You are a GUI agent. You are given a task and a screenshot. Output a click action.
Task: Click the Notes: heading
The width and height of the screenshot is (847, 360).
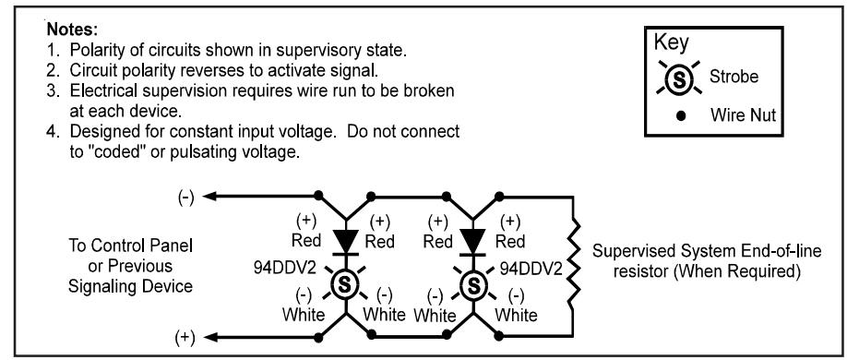[72, 29]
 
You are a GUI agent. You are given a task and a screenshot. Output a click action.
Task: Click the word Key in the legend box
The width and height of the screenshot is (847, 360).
[672, 43]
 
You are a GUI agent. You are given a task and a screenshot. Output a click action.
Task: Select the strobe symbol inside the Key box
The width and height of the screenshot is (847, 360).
[680, 78]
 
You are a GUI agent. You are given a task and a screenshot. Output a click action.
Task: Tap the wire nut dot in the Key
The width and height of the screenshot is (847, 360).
[681, 114]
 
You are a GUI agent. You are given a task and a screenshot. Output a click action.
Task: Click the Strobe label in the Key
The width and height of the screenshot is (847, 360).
[734, 77]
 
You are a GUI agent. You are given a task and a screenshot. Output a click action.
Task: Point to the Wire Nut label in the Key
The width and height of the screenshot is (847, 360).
[743, 114]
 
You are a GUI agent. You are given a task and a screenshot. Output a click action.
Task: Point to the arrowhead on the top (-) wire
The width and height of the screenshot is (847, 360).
[210, 197]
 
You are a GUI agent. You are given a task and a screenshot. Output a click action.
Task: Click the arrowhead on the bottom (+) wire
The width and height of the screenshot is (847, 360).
[210, 337]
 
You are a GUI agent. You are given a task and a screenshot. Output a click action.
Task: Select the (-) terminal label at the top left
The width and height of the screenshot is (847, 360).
[185, 198]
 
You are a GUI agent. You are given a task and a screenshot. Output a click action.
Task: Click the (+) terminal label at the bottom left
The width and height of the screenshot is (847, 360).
[185, 338]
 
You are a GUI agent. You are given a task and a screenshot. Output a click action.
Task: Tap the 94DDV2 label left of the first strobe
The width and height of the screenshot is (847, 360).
[286, 268]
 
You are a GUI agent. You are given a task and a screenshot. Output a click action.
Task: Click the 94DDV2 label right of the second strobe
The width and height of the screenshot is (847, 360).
[531, 268]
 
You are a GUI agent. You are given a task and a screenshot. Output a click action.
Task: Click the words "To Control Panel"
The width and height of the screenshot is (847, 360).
[130, 246]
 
